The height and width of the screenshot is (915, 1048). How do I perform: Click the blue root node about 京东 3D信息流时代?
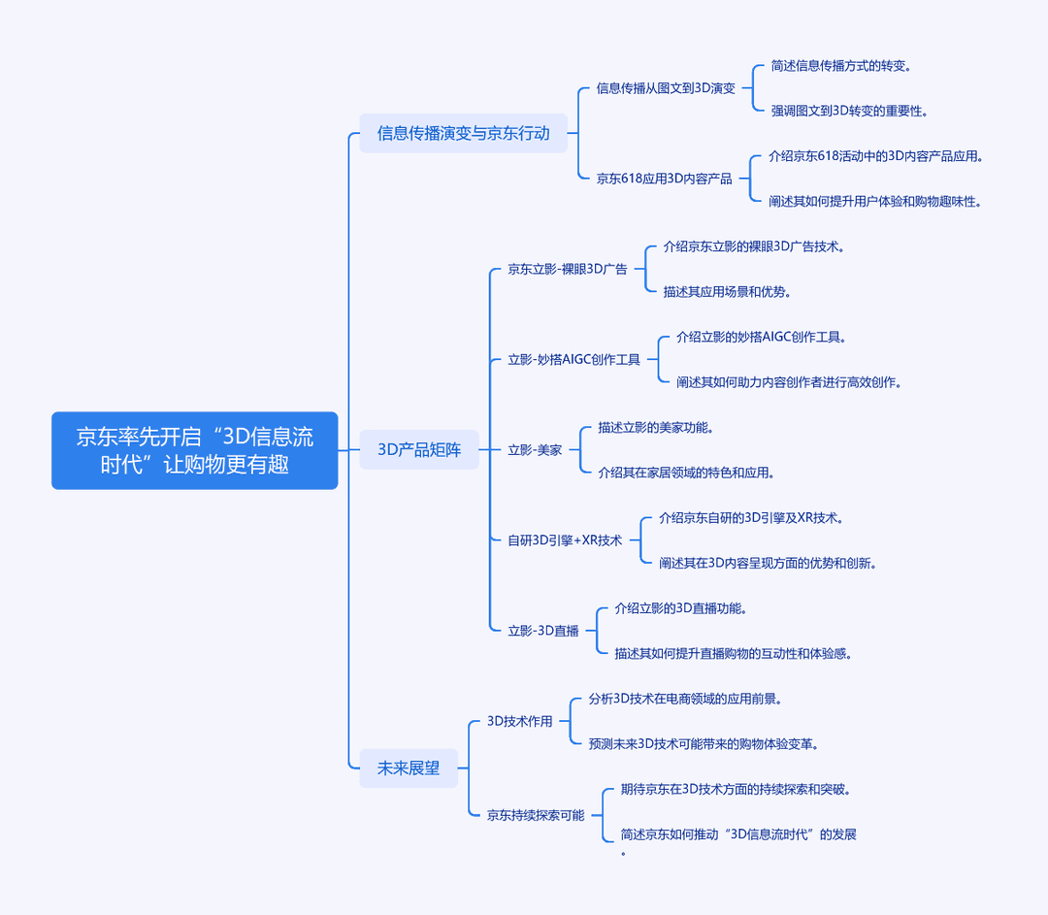point(194,450)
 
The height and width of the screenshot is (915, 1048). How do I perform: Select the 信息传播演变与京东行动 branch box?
point(463,133)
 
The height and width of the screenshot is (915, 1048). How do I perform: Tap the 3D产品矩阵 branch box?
point(419,450)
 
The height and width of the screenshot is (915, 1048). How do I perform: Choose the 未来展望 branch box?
point(409,768)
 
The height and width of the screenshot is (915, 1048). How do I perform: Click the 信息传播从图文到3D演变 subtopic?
point(666,88)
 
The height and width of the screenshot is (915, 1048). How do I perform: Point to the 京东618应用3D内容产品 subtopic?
point(665,179)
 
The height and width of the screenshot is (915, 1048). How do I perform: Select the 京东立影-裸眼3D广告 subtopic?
point(568,270)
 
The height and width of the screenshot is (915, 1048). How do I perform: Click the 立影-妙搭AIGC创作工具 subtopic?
point(574,360)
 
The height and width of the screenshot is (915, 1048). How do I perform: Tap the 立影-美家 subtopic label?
point(535,450)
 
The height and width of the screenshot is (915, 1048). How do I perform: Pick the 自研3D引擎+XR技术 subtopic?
point(565,540)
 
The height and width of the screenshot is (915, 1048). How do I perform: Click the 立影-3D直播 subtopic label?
point(543,631)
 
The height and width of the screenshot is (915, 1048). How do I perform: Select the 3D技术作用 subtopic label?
point(519,721)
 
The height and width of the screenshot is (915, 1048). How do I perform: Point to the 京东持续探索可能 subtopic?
point(536,815)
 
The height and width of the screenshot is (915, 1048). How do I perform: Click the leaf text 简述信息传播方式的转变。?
point(840,66)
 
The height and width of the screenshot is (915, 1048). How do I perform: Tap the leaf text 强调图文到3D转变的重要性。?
point(849,111)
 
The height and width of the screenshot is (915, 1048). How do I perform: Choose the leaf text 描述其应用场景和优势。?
point(727,291)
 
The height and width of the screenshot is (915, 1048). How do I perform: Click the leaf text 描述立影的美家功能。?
point(656,427)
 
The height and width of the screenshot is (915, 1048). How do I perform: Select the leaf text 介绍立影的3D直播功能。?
point(680,608)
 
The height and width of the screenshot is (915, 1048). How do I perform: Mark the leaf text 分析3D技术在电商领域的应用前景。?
point(685,699)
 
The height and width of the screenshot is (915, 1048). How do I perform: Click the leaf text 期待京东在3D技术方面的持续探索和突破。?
point(736,790)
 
